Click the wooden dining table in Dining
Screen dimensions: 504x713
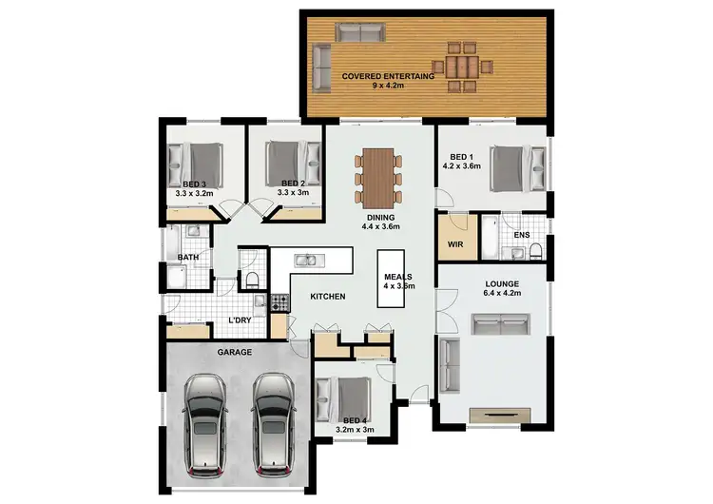point(379,178)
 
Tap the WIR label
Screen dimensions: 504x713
point(454,243)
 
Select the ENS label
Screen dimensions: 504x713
point(521,234)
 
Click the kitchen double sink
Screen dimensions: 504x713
point(307,260)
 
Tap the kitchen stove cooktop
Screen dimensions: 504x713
point(279,303)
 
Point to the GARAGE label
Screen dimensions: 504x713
point(235,353)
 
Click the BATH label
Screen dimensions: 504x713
point(187,257)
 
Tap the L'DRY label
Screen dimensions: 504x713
point(240,320)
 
